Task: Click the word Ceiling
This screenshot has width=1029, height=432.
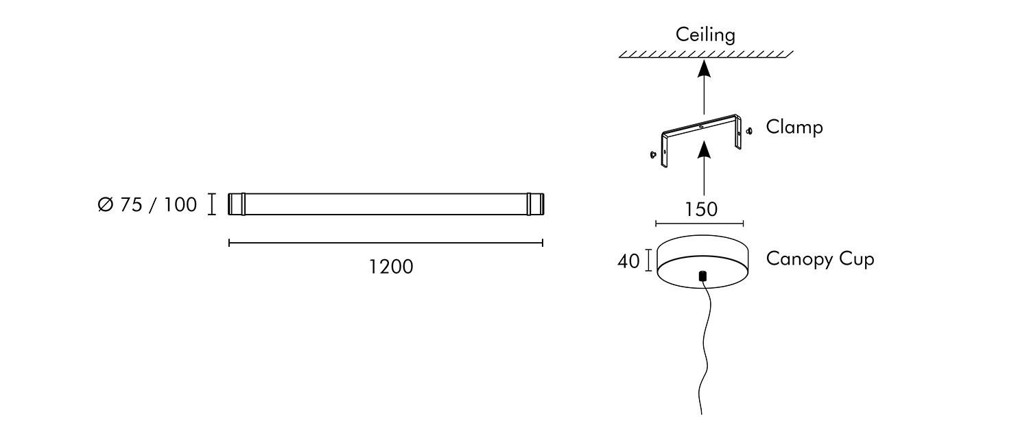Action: click(705, 35)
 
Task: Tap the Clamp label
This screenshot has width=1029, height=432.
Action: click(794, 128)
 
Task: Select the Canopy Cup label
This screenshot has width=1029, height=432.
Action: click(820, 259)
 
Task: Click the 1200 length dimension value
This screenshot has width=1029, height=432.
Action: click(391, 267)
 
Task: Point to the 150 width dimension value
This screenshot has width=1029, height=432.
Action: click(701, 209)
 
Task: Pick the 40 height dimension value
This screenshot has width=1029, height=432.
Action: click(628, 261)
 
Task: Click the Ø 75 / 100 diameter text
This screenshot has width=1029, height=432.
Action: click(147, 205)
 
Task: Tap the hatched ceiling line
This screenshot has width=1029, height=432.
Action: click(706, 54)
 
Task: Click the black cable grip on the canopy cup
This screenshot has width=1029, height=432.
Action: click(702, 276)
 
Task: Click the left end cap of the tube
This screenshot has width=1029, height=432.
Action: click(237, 204)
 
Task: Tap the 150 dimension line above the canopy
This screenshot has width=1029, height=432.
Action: click(700, 224)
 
